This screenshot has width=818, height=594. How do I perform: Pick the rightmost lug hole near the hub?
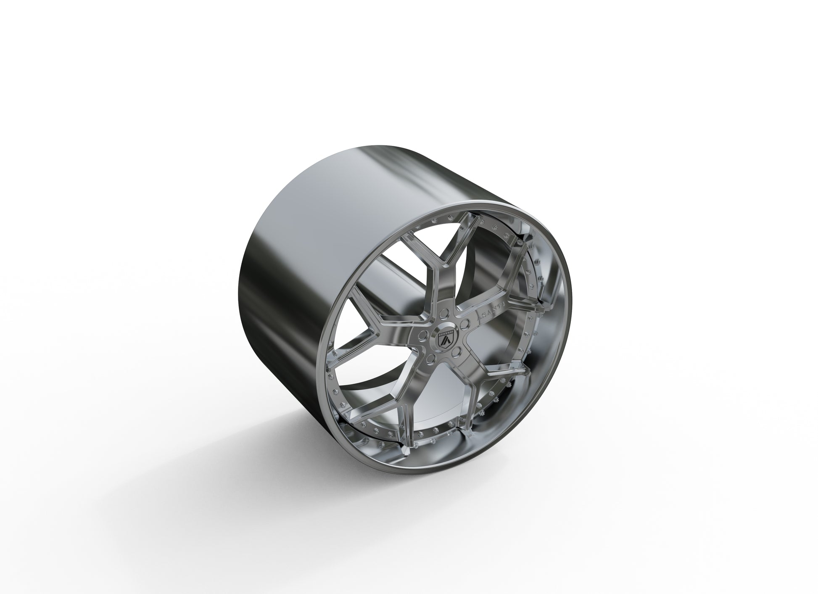point(464,323)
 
